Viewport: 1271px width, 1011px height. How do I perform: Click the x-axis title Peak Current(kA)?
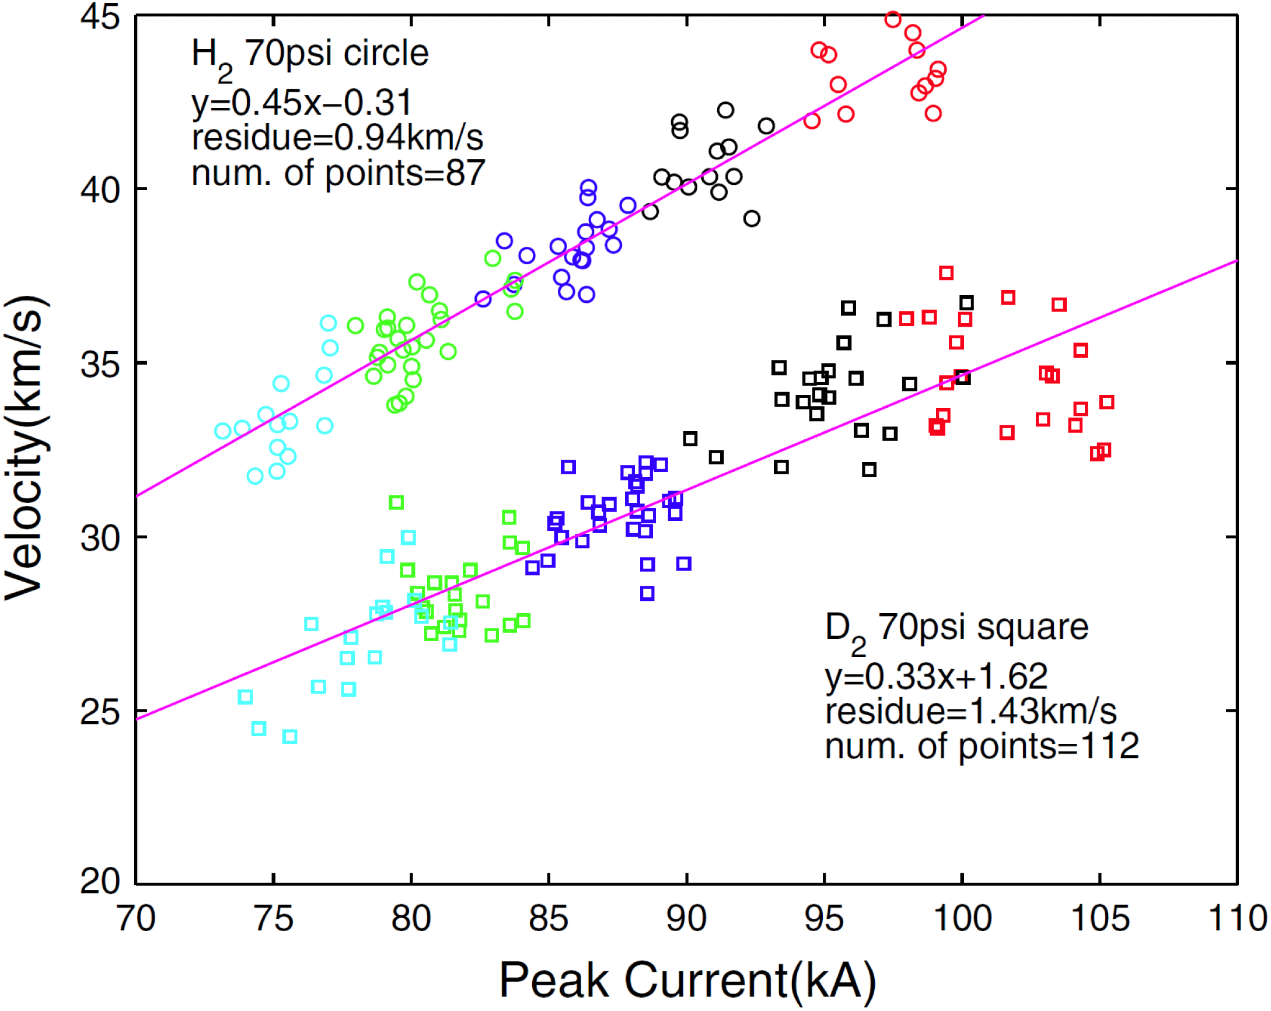[687, 979]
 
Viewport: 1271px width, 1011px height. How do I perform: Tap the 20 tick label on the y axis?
[100, 883]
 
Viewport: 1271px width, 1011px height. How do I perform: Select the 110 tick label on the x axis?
[1237, 918]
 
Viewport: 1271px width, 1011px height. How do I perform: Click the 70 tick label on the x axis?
[136, 918]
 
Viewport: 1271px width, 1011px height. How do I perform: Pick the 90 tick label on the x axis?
[686, 918]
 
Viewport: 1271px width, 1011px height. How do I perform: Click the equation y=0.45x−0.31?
[301, 103]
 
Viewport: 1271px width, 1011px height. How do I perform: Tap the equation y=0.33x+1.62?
[936, 676]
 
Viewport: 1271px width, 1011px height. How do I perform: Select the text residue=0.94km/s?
[337, 137]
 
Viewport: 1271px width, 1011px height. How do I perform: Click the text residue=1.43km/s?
[970, 711]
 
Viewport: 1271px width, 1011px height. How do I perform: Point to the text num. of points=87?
[338, 173]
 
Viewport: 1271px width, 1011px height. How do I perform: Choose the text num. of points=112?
[982, 746]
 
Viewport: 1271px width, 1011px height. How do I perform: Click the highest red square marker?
[946, 273]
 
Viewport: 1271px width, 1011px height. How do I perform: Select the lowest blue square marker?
[647, 594]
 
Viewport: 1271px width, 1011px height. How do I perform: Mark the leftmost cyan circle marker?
[222, 431]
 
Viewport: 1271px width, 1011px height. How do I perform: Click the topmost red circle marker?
[892, 19]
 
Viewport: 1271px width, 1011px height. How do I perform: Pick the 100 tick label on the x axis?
[962, 918]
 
